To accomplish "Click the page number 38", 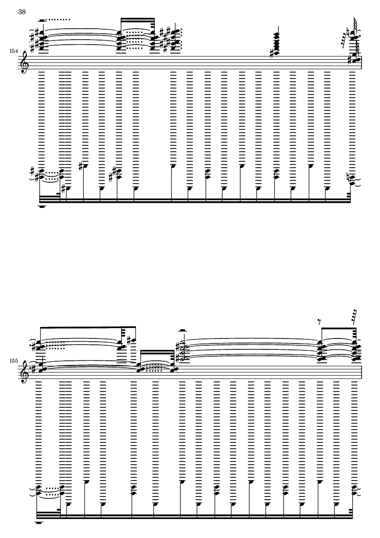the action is pyautogui.click(x=22, y=12).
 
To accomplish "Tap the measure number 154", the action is pyautogui.click(x=14, y=51).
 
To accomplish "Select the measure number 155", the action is pyautogui.click(x=14, y=361).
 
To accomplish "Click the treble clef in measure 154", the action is pyautogui.click(x=23, y=62).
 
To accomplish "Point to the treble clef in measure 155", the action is pyautogui.click(x=23, y=372).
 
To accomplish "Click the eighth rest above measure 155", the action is pyautogui.click(x=319, y=322).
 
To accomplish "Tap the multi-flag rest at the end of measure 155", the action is pyautogui.click(x=355, y=316).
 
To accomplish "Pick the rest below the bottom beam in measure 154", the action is pyautogui.click(x=42, y=207).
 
